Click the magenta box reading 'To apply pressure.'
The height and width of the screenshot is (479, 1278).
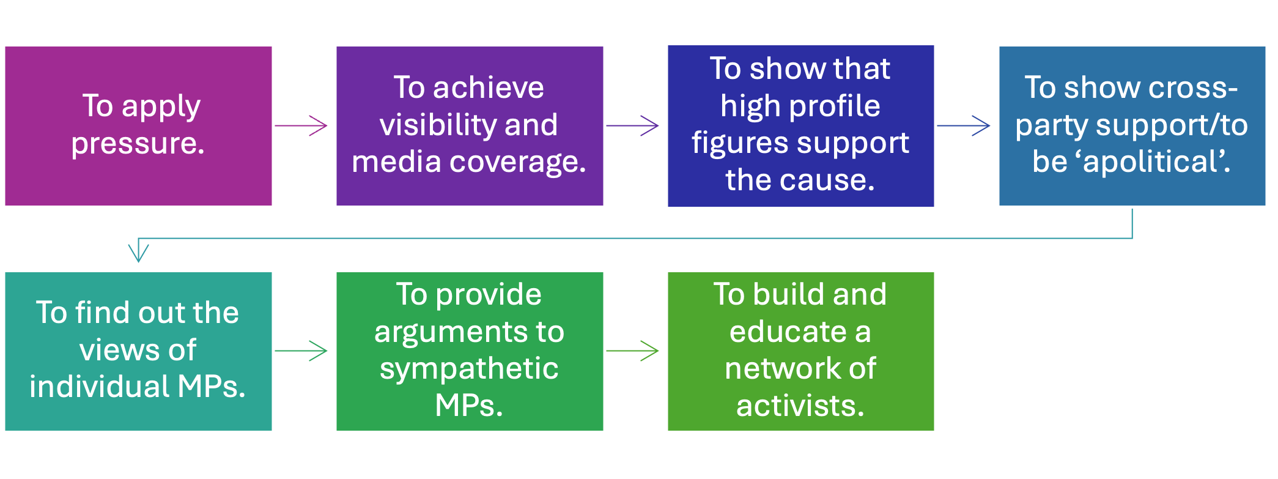(x=138, y=126)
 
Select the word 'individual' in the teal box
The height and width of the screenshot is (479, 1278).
(x=98, y=387)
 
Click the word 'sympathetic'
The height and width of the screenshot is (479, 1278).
(x=469, y=369)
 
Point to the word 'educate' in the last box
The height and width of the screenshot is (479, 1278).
(x=788, y=332)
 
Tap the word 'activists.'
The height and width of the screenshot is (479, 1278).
(x=800, y=406)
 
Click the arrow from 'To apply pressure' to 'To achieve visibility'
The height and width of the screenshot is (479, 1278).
(x=302, y=126)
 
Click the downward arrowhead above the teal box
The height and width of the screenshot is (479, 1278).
(x=139, y=252)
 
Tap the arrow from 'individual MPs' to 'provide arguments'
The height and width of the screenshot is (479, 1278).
(x=302, y=351)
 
